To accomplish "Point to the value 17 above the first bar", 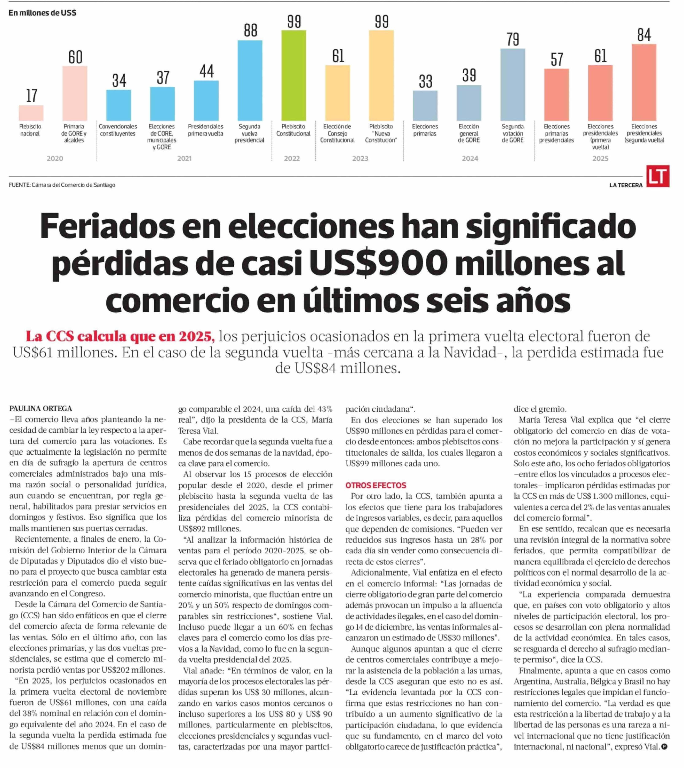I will click(x=32, y=96).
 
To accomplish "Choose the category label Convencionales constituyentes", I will click(x=118, y=130).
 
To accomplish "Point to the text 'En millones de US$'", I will click(x=42, y=13).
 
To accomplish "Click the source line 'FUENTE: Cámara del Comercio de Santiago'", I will click(x=62, y=185).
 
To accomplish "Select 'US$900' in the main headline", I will click(x=378, y=263).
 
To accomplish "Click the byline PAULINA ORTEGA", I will click(x=41, y=408).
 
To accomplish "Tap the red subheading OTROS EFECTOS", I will click(x=376, y=485).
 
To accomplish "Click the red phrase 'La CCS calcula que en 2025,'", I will click(x=120, y=336).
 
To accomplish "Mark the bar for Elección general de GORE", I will click(x=469, y=103).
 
